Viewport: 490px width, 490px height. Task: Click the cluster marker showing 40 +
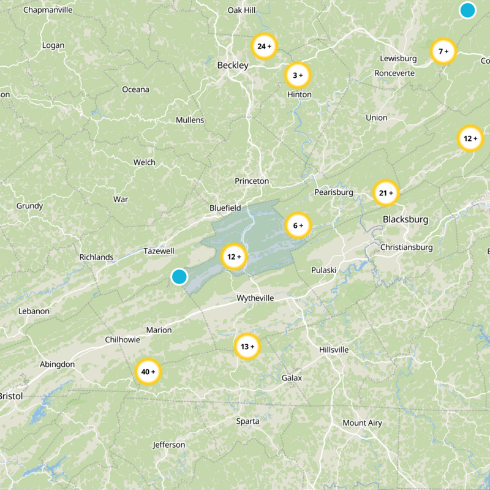click(148, 372)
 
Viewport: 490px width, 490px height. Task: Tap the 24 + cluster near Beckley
click(265, 47)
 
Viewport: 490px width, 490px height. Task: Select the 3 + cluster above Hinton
click(298, 75)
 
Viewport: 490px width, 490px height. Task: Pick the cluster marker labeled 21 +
click(386, 194)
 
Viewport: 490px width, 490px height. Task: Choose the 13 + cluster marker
click(247, 347)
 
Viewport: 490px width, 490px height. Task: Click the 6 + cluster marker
click(298, 226)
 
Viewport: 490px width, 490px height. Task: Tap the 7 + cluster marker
click(443, 51)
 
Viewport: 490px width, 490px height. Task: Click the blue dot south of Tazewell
click(179, 276)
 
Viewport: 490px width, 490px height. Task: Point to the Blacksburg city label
click(405, 219)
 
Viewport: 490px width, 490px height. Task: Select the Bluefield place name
click(225, 208)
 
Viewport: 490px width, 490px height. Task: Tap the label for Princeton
click(252, 181)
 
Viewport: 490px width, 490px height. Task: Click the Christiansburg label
click(406, 247)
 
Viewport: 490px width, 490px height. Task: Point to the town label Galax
click(292, 378)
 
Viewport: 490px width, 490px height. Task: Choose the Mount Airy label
click(362, 423)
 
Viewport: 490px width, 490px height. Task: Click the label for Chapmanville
click(48, 10)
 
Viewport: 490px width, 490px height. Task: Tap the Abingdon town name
click(57, 364)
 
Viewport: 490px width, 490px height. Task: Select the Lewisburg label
click(398, 59)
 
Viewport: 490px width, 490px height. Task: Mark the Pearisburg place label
click(334, 192)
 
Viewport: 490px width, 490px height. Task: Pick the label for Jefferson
click(169, 445)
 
